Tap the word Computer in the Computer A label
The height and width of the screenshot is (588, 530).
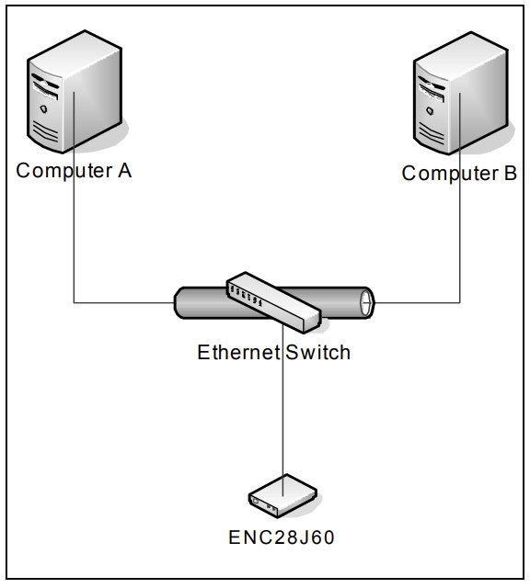[60, 171]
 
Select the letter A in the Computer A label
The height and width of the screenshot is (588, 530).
[124, 171]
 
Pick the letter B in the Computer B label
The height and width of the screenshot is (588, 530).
[510, 174]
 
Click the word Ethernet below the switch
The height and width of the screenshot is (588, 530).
[235, 353]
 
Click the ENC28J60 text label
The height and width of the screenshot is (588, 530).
[281, 537]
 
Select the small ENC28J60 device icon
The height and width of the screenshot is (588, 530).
[282, 496]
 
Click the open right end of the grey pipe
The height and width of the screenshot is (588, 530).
[366, 301]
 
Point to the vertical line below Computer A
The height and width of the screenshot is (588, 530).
[74, 239]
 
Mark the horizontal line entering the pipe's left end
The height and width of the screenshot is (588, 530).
[124, 302]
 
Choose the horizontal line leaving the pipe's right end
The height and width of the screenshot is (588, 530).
[419, 302]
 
